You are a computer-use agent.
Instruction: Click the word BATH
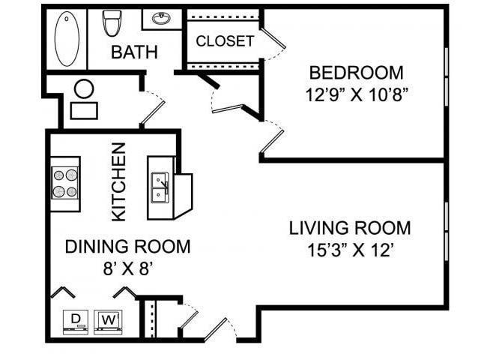click(135, 52)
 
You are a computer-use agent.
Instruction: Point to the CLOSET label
click(225, 41)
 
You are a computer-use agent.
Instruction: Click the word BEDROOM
click(356, 73)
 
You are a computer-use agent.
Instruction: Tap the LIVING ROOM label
click(350, 228)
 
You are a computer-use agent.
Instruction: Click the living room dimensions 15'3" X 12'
click(350, 250)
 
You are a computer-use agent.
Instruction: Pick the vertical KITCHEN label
click(118, 182)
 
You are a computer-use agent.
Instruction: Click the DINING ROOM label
click(127, 246)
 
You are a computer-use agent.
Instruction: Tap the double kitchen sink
click(159, 187)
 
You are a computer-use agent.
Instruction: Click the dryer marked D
click(75, 320)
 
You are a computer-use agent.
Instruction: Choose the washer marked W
click(109, 320)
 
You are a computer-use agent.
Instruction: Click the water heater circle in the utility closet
click(84, 88)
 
